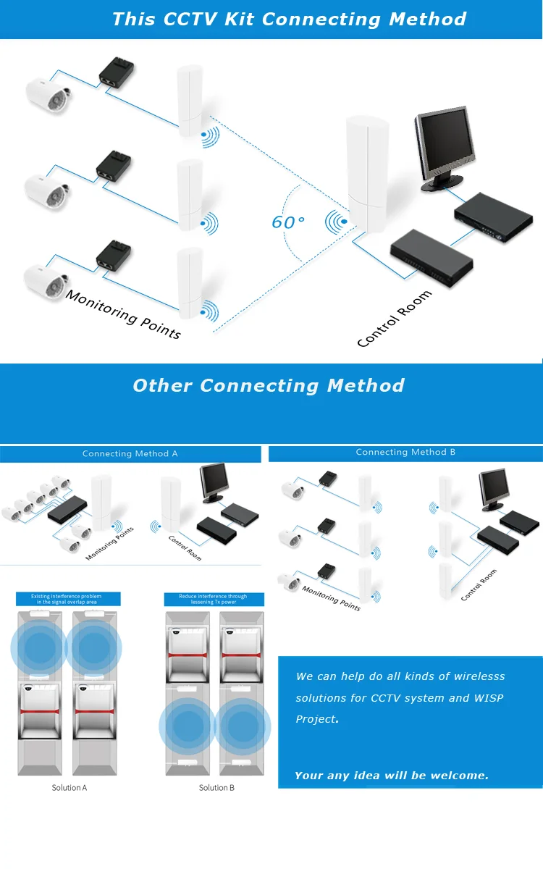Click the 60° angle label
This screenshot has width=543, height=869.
287,222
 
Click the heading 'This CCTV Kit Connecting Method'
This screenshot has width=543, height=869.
289,19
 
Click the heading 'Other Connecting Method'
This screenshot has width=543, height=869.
269,385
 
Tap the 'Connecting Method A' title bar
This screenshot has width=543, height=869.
130,454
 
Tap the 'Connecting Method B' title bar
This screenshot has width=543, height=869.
405,453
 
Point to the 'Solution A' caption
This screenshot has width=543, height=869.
70,787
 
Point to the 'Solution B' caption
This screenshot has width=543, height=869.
216,787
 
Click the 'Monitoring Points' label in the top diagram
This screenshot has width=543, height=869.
123,314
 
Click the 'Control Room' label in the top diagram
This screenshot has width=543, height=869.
395,319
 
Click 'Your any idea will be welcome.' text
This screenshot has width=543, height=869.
392,776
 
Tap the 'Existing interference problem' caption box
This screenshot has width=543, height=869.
68,599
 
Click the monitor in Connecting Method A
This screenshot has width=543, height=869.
214,482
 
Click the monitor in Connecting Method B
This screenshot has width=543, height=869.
494,489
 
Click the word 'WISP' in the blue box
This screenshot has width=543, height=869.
488,698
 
